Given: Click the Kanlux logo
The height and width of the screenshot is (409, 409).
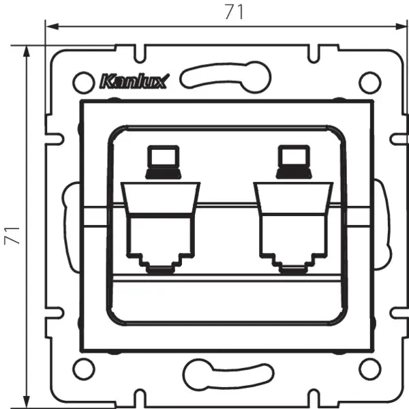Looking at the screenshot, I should [x=139, y=82].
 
